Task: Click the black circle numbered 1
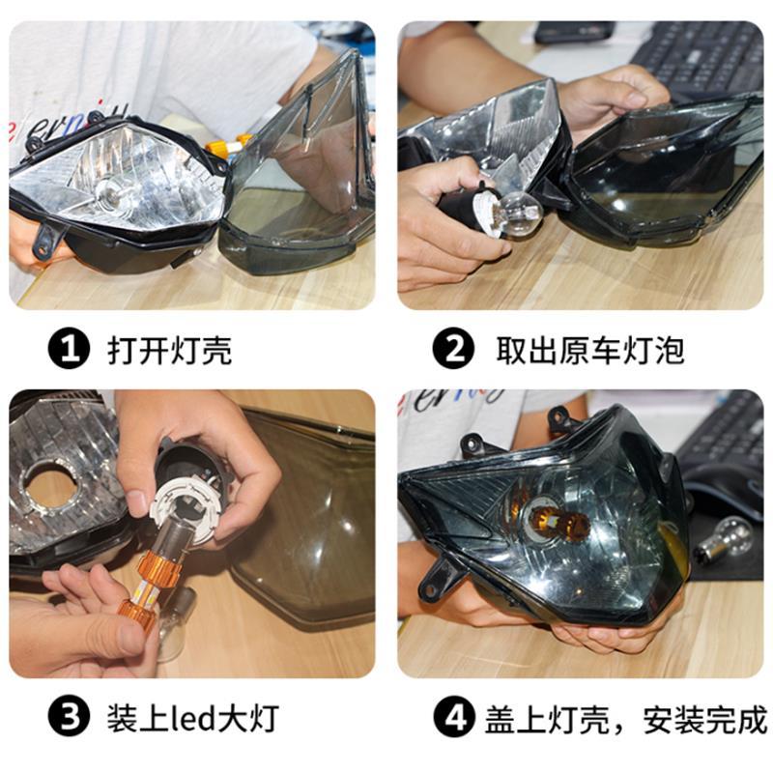tap(69, 350)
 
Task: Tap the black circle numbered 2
tap(453, 349)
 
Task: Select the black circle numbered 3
tap(69, 716)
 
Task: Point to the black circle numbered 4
tap(454, 717)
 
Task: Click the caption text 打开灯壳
tap(170, 351)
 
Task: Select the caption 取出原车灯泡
tap(590, 350)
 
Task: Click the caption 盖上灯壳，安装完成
tap(625, 719)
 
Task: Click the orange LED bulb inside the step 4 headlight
tap(558, 522)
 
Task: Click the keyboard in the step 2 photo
tap(699, 58)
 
